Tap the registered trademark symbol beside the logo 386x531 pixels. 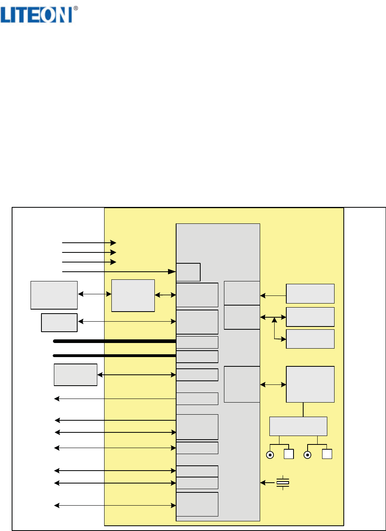pyautogui.click(x=76, y=8)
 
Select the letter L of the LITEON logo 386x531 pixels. pyautogui.click(x=5, y=15)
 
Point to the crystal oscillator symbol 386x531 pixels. pyautogui.click(x=283, y=483)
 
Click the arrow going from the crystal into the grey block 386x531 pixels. pyautogui.click(x=267, y=483)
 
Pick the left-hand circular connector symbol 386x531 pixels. pyautogui.click(x=270, y=455)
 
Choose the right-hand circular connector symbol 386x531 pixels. pyautogui.click(x=307, y=455)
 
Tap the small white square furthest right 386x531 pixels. pyautogui.click(x=327, y=454)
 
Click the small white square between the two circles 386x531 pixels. pyautogui.click(x=289, y=454)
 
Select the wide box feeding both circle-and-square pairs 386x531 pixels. pyautogui.click(x=298, y=426)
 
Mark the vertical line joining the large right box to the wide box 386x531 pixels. pyautogui.click(x=303, y=410)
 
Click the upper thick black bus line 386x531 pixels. pyautogui.click(x=115, y=341)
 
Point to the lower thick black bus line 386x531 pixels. pyautogui.click(x=115, y=355)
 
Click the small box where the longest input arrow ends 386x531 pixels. pyautogui.click(x=188, y=272)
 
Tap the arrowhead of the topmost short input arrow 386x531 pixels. pyautogui.click(x=113, y=243)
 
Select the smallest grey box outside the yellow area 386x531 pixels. pyautogui.click(x=59, y=322)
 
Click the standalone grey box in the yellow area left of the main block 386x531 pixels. pyautogui.click(x=133, y=295)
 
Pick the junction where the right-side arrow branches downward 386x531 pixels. pyautogui.click(x=275, y=317)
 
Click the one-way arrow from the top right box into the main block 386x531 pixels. pyautogui.click(x=273, y=295)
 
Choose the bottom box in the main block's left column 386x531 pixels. pyautogui.click(x=197, y=504)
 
